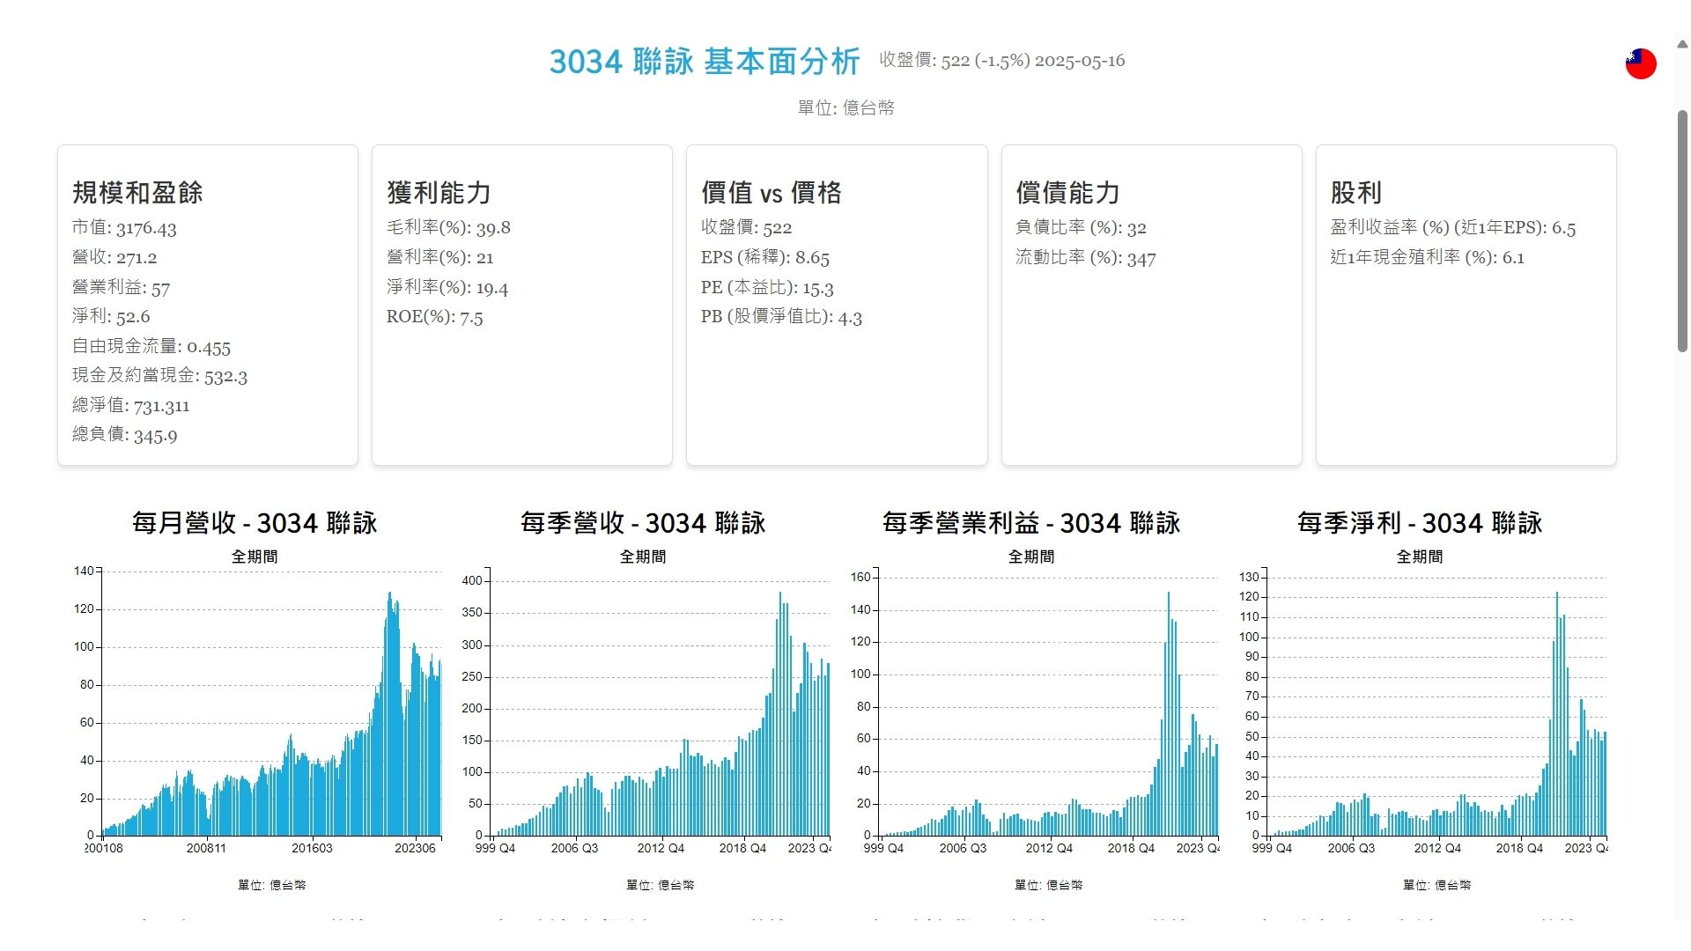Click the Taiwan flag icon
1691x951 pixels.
[1640, 63]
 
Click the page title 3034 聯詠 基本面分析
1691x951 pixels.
[704, 62]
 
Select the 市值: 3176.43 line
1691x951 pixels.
[124, 228]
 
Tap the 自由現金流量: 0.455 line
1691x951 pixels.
[151, 347]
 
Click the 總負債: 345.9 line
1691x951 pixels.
[124, 435]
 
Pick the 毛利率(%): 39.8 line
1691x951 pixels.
[448, 228]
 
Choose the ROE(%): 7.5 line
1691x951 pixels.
[434, 317]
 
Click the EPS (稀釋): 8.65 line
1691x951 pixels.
[764, 258]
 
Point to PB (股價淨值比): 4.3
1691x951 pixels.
[781, 317]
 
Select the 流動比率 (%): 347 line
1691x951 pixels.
[1085, 258]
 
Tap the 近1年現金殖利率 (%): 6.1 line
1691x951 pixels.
[1427, 258]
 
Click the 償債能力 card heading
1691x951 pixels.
[1067, 193]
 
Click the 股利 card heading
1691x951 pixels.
[1355, 193]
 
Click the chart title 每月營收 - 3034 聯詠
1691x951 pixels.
[255, 523]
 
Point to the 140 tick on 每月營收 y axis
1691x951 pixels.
[84, 571]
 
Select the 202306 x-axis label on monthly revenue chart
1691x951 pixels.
[415, 849]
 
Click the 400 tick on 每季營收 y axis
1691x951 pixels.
[472, 581]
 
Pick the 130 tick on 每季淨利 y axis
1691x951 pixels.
[1249, 578]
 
